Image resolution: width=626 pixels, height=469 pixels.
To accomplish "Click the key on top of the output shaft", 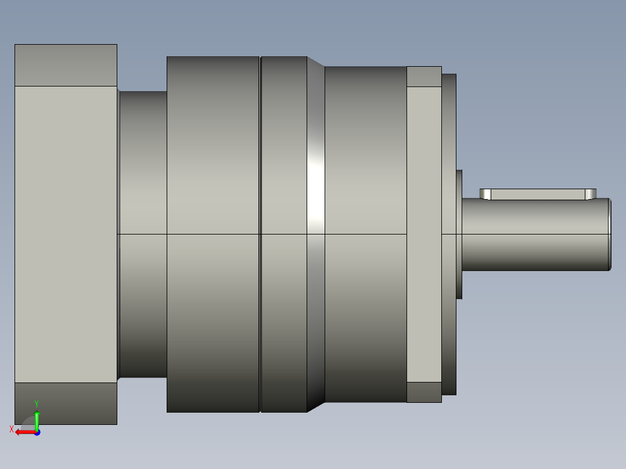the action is coord(538,194).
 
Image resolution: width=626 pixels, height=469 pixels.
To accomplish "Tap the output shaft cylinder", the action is coord(535,234).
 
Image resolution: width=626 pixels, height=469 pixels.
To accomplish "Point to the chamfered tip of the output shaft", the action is coord(610,234).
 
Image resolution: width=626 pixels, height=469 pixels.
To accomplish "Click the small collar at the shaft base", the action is coord(459,234).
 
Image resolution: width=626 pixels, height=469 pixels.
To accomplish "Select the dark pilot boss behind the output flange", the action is coord(449,234).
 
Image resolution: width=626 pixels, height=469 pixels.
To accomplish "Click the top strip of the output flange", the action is coord(424,77).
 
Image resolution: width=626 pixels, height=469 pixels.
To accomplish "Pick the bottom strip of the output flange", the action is coord(424,392).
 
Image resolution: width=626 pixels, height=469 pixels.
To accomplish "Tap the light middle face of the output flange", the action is coord(424,234).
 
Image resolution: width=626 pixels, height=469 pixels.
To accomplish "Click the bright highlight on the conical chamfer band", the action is coord(316,187).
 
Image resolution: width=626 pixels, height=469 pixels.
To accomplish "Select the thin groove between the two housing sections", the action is coord(260,234).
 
